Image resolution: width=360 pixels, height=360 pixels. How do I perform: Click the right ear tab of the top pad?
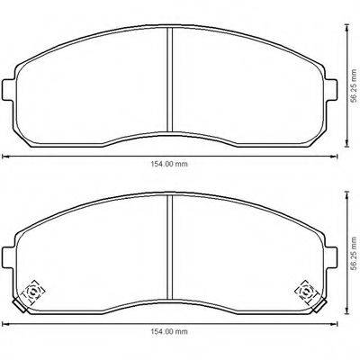click(x=329, y=91)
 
